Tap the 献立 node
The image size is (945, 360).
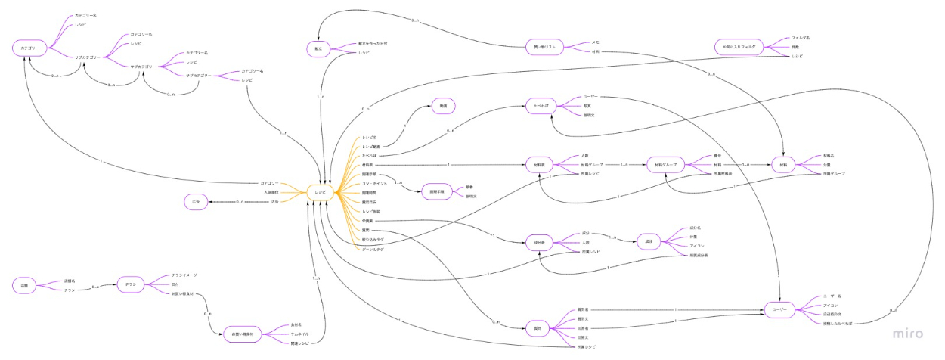click(x=318, y=48)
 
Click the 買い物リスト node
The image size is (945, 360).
click(x=544, y=48)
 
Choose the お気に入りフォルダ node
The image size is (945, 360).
click(x=739, y=47)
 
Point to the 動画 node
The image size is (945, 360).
click(x=444, y=106)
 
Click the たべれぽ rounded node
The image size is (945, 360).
click(x=540, y=107)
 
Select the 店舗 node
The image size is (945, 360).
click(x=24, y=285)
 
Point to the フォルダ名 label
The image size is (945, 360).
click(x=801, y=37)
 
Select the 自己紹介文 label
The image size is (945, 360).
click(x=835, y=314)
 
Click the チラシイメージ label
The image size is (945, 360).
click(x=184, y=275)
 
